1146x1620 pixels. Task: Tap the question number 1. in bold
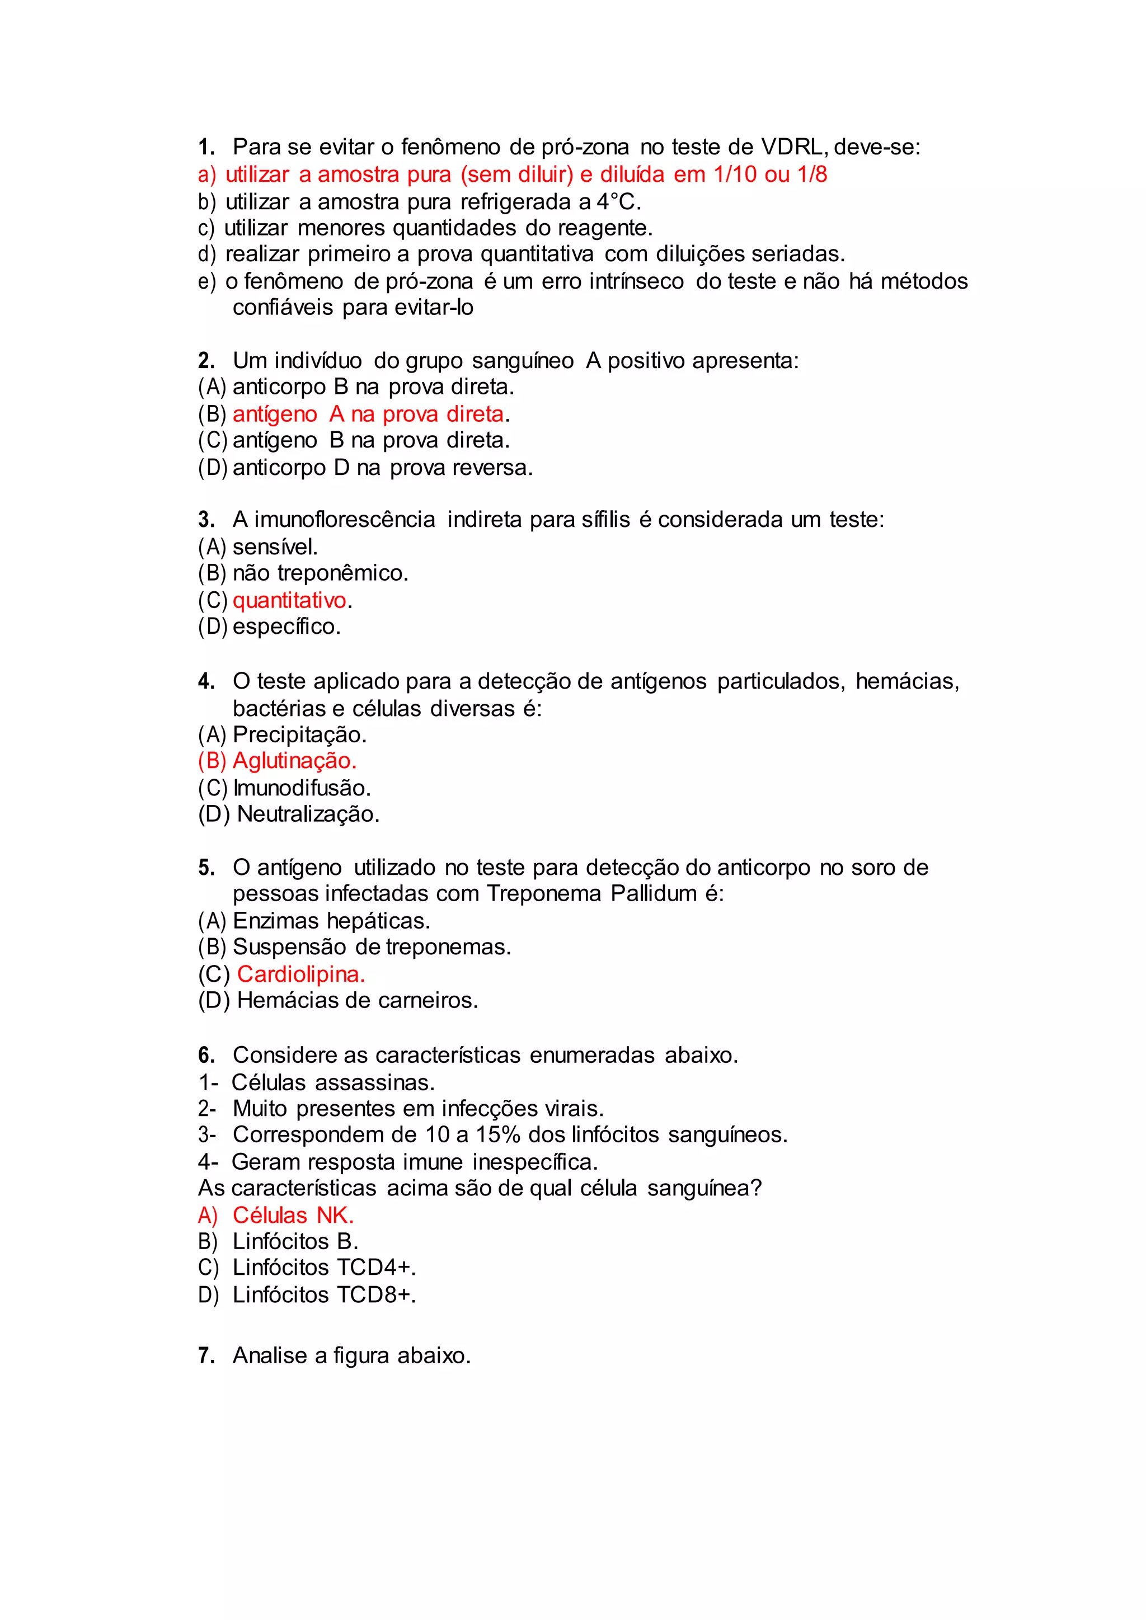(206, 148)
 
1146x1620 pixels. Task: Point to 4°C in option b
(616, 202)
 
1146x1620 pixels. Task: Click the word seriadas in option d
(797, 254)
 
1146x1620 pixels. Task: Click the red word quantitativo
(289, 600)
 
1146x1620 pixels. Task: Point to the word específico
(286, 627)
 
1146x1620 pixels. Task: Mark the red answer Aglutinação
(294, 761)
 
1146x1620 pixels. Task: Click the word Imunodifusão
(301, 788)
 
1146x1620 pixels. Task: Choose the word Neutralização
(308, 814)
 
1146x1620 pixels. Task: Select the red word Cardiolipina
(300, 974)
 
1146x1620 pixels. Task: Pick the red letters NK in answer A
(332, 1215)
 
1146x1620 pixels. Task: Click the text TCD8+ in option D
(375, 1295)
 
